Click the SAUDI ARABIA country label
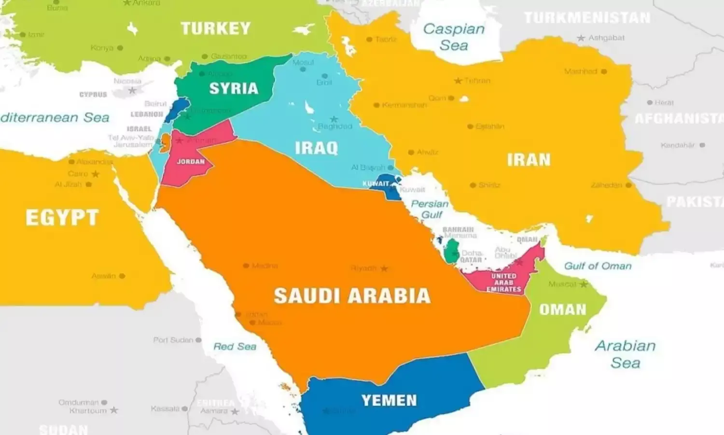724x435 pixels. tap(352, 295)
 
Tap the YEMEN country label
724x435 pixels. tap(389, 400)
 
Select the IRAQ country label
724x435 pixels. tap(316, 148)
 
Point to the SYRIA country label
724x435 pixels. tap(234, 88)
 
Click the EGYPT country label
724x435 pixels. tap(62, 218)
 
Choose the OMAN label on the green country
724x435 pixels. tap(562, 309)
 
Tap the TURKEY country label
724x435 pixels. tap(216, 28)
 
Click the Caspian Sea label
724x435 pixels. tap(454, 37)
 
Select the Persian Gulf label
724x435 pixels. tap(430, 209)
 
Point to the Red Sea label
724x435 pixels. tap(235, 347)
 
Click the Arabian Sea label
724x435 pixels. tap(625, 354)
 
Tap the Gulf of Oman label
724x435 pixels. tap(598, 266)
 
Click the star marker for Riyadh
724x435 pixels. tap(384, 268)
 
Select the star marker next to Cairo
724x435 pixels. tap(96, 174)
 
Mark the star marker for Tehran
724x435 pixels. tap(458, 81)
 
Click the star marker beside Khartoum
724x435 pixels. tap(114, 410)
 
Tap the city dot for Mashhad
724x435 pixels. tap(604, 71)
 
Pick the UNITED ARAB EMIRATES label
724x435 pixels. tap(503, 282)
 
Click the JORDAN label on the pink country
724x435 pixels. tap(191, 162)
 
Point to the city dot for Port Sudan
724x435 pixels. tap(198, 340)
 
